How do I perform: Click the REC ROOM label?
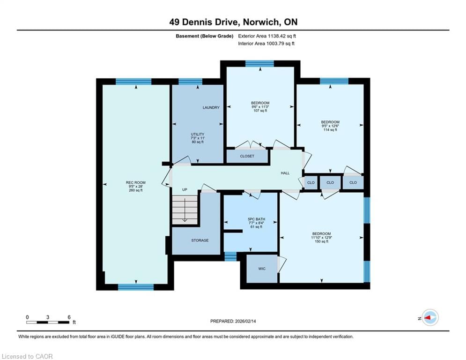pos(135,182)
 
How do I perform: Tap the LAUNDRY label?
pos(211,107)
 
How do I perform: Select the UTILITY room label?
pos(198,134)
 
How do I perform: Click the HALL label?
pos(285,173)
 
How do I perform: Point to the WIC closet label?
pos(262,269)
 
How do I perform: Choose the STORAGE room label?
pos(200,240)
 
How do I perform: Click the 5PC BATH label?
pos(257,219)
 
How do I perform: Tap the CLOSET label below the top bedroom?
pos(247,156)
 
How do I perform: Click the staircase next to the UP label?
pos(185,210)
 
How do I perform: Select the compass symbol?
pos(430,317)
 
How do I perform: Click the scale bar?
pos(48,322)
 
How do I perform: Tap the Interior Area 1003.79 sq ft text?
pos(266,44)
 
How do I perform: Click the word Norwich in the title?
pos(261,22)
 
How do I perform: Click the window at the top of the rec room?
pos(133,82)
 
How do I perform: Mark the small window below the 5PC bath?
pos(230,256)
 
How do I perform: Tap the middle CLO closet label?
pos(330,182)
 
